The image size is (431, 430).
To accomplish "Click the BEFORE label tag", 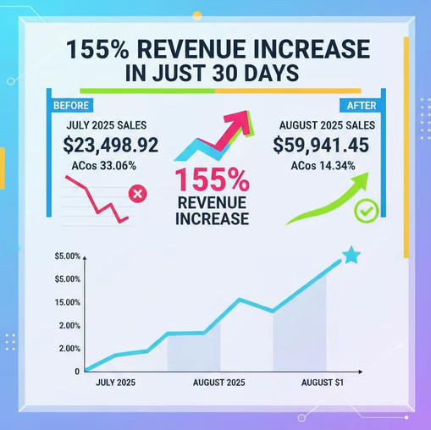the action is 72,106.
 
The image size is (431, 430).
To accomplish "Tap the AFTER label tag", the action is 361,106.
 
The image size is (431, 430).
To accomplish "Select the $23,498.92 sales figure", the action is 111,145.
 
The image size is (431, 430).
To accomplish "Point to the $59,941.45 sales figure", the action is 321,145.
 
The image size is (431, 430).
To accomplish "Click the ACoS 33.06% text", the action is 104,166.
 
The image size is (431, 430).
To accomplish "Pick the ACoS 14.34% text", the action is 323,166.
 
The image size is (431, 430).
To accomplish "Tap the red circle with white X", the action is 138,194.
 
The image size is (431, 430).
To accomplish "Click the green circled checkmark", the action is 367,211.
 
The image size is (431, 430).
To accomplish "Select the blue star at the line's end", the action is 351,255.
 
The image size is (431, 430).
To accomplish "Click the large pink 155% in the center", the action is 213,180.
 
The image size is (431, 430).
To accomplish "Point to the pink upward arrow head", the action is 240,120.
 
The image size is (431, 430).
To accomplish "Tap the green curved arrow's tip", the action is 368,173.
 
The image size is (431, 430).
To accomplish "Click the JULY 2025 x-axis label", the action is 115,383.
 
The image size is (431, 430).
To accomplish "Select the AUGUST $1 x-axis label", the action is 323,383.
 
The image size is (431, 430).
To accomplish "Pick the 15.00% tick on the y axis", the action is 68,302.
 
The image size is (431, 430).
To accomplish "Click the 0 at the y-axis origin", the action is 77,372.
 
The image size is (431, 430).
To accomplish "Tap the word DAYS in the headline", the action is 271,73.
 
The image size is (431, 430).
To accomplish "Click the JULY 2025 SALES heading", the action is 107,125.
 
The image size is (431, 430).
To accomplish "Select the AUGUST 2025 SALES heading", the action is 327,125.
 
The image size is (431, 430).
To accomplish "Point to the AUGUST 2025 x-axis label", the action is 218,383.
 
